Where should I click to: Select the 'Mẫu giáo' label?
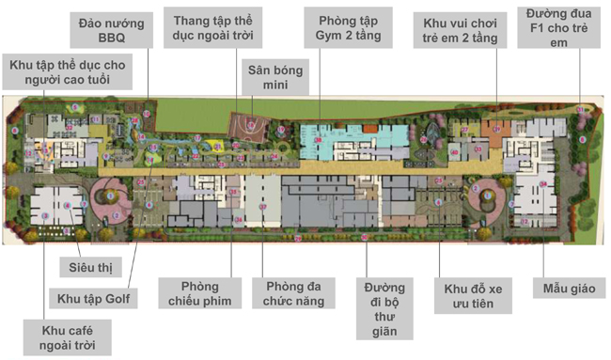click(x=564, y=287)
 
